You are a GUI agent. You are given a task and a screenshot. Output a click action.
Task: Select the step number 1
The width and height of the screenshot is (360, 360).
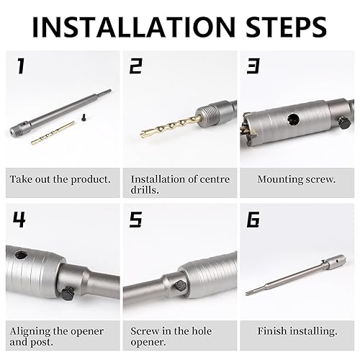click(x=21, y=66)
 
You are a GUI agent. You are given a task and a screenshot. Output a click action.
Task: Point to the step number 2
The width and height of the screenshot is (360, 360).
click(x=136, y=66)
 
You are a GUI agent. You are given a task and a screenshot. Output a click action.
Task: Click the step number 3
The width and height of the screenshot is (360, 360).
click(x=253, y=66)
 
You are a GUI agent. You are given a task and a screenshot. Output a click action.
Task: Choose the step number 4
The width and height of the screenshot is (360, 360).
click(x=19, y=220)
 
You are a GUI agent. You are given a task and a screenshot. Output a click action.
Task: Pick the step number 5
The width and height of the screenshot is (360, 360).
click(x=136, y=220)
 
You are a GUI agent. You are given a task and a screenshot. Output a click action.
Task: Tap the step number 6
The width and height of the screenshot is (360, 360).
click(x=253, y=220)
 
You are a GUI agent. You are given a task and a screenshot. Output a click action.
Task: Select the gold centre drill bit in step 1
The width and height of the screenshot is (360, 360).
click(x=53, y=133)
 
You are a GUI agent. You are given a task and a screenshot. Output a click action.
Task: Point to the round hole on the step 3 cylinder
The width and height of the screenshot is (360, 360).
click(x=293, y=119)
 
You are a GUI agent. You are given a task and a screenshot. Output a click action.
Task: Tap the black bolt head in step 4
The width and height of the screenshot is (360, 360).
click(x=68, y=293)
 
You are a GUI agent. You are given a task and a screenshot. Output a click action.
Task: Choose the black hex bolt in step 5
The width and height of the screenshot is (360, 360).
click(x=180, y=287)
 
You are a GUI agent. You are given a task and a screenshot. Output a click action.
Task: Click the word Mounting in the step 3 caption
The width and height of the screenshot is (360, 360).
click(x=277, y=180)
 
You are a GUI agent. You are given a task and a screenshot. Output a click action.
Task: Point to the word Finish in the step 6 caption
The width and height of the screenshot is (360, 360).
click(x=272, y=331)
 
